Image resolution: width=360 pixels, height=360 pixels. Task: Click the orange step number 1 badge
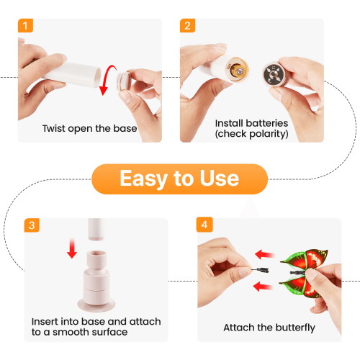tap(25, 25)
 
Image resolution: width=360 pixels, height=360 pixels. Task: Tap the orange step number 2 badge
tap(187, 25)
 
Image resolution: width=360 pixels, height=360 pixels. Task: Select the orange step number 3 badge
tap(32, 225)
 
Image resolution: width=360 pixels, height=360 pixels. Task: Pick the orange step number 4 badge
tap(204, 225)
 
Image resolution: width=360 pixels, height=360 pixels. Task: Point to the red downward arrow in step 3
tap(72, 248)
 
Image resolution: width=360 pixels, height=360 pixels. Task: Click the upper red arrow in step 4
tap(264, 255)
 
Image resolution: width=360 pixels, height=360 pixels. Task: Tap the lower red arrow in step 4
tap(263, 287)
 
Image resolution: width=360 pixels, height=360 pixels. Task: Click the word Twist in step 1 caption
tap(54, 128)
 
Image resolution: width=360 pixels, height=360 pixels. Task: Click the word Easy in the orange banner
tap(144, 179)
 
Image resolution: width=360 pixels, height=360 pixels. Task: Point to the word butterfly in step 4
tap(295, 328)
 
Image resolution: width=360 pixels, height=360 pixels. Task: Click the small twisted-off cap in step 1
tap(123, 81)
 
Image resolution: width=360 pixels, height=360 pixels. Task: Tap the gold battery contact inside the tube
tap(237, 69)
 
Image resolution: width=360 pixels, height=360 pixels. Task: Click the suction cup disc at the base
tap(96, 305)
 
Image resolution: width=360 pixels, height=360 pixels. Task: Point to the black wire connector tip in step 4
tap(261, 270)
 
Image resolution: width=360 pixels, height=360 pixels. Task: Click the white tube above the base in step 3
tap(96, 229)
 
